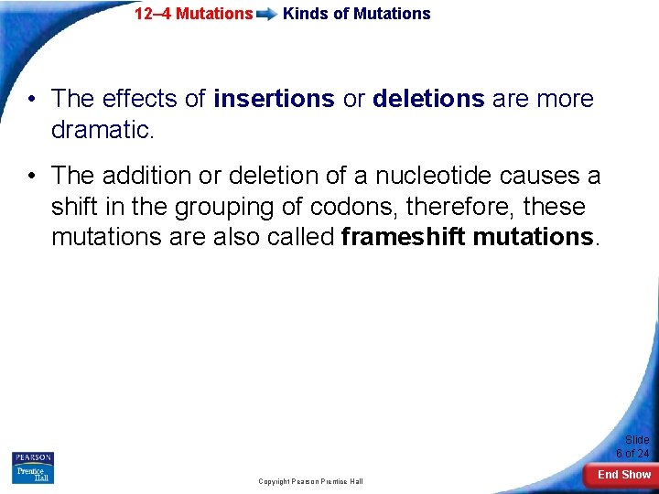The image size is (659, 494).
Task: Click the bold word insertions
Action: click(x=274, y=99)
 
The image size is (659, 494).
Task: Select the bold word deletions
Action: click(x=428, y=99)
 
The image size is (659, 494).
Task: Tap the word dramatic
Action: click(x=103, y=130)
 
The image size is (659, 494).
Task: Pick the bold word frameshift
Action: click(x=404, y=237)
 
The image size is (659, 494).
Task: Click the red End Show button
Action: click(x=623, y=474)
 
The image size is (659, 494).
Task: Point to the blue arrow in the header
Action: click(x=267, y=15)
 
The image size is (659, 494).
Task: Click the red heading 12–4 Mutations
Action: click(x=193, y=14)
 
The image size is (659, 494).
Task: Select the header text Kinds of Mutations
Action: click(x=356, y=14)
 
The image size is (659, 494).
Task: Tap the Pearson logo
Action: click(x=33, y=457)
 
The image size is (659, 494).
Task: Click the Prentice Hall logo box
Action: click(x=33, y=474)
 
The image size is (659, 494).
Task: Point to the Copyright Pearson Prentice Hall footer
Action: click(x=310, y=481)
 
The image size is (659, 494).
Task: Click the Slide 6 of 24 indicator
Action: click(x=633, y=446)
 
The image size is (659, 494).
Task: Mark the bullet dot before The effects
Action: click(x=32, y=100)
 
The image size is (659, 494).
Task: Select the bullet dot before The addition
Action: click(x=32, y=176)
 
